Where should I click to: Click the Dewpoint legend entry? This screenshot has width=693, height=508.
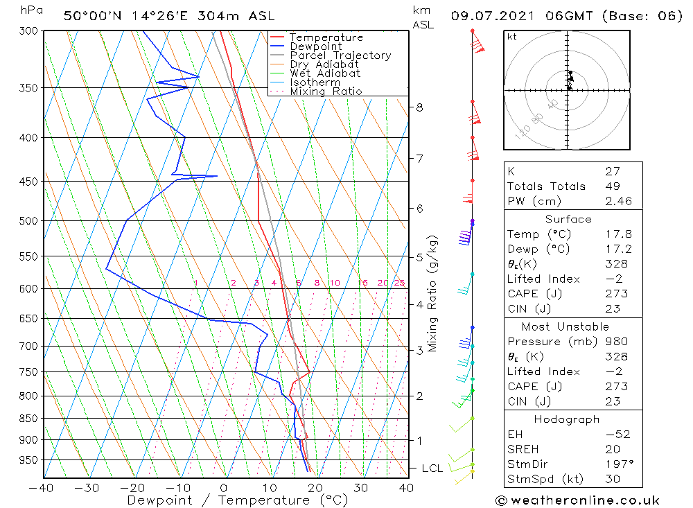tap(315, 46)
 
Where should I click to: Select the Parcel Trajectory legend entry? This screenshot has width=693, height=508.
tap(340, 55)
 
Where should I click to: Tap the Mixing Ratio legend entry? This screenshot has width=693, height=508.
tap(326, 91)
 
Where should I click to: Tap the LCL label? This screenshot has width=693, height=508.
tap(432, 468)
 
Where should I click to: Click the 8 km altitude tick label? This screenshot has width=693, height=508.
tap(419, 107)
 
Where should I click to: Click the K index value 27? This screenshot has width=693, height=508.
tap(612, 171)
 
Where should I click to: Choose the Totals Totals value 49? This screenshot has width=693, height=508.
tap(612, 186)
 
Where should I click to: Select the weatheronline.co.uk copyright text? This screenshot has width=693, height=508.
tap(577, 500)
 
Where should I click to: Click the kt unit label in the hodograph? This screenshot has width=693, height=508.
tap(511, 37)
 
